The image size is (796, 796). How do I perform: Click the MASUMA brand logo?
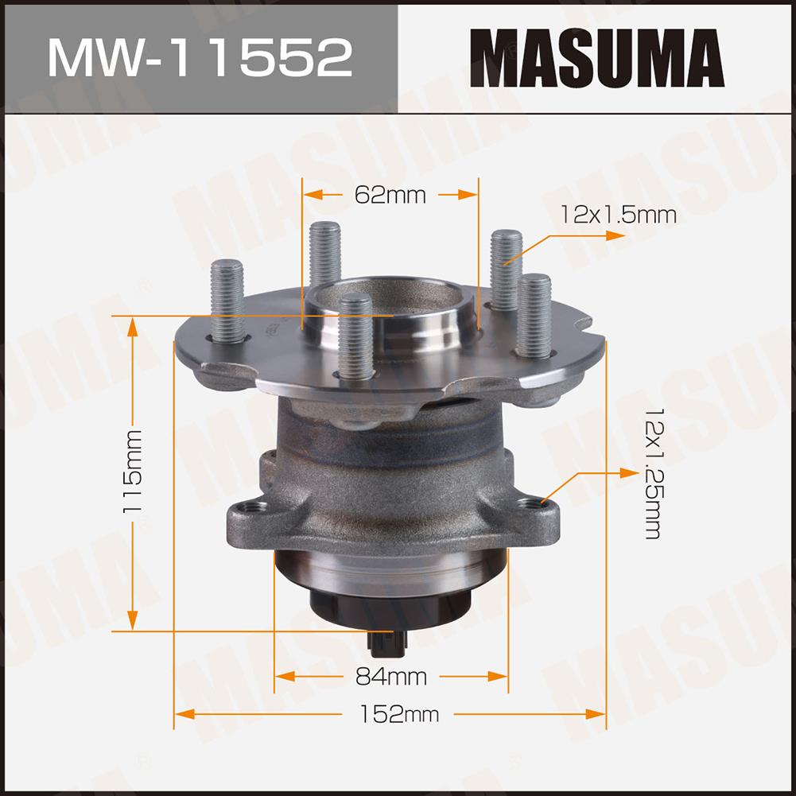click(x=597, y=57)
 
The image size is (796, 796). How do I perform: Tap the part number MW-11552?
click(x=200, y=57)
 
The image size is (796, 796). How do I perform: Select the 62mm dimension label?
click(x=390, y=195)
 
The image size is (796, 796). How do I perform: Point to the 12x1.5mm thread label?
click(x=619, y=215)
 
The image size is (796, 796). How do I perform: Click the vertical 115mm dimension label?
click(x=133, y=472)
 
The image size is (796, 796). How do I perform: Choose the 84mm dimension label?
click(x=391, y=677)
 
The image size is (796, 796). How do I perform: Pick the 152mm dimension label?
click(x=399, y=714)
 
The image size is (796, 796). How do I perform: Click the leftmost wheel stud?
click(x=227, y=301)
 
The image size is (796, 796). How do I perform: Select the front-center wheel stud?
click(x=355, y=336)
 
